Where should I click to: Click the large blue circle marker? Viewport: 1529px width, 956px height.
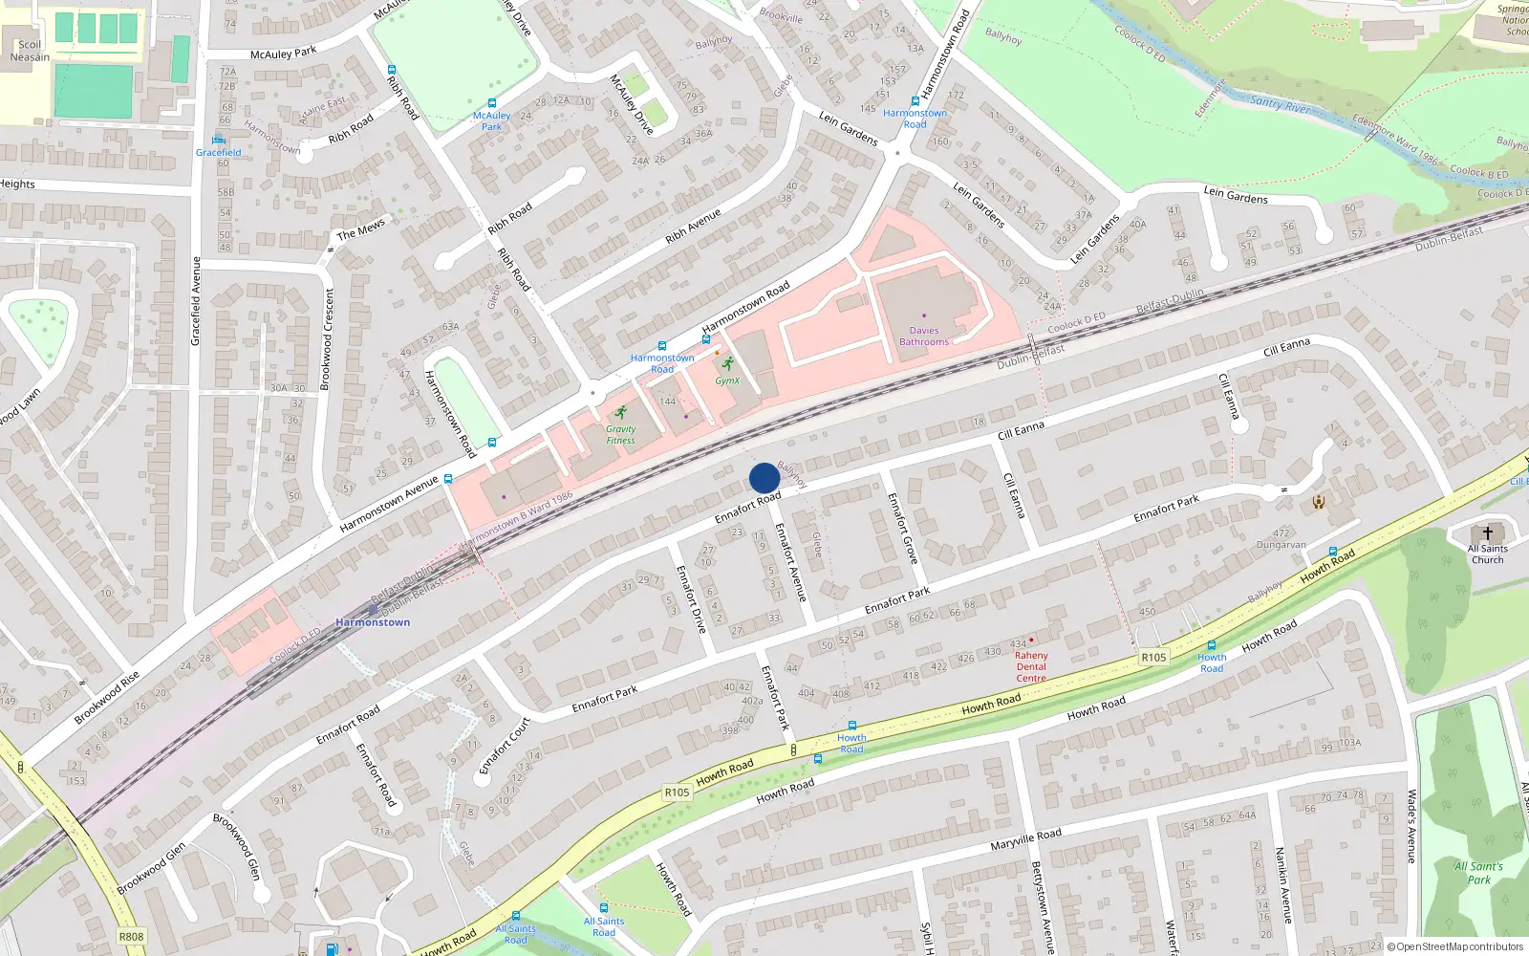click(x=764, y=478)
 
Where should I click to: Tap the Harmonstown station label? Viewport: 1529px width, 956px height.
click(x=373, y=622)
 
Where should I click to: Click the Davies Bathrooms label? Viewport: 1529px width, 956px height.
click(x=924, y=336)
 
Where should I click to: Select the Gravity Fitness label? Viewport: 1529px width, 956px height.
click(x=620, y=435)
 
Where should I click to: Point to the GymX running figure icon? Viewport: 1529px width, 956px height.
click(x=728, y=364)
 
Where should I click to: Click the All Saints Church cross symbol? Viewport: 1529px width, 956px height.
click(x=1488, y=533)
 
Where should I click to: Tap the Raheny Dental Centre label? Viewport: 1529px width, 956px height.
click(x=1031, y=666)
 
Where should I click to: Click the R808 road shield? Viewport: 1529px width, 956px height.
click(x=131, y=936)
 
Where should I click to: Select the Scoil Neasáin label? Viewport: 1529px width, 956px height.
click(x=30, y=51)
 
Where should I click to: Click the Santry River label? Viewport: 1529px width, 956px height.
click(x=1281, y=103)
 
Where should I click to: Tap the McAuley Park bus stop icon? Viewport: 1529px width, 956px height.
click(x=492, y=103)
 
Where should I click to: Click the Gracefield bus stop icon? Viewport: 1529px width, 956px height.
click(x=218, y=140)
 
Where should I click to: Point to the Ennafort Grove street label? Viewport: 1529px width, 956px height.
click(x=902, y=528)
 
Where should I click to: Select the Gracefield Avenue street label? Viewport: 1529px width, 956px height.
click(x=197, y=301)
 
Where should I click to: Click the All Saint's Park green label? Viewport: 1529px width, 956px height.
click(x=1478, y=873)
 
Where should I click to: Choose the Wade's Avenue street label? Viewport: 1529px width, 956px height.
click(x=1411, y=827)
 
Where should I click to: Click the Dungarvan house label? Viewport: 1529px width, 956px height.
click(x=1281, y=545)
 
